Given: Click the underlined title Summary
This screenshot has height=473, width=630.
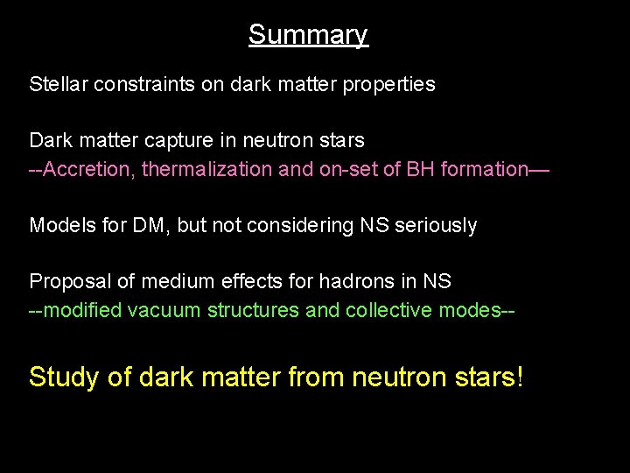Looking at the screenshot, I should click(308, 35).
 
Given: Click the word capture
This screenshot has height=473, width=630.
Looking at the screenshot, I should click(183, 140).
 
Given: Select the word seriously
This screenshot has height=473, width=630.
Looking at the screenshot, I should click(435, 225).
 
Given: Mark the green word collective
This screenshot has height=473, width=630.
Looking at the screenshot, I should click(383, 310).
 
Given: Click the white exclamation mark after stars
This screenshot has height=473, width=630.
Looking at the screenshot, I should click(521, 377).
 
